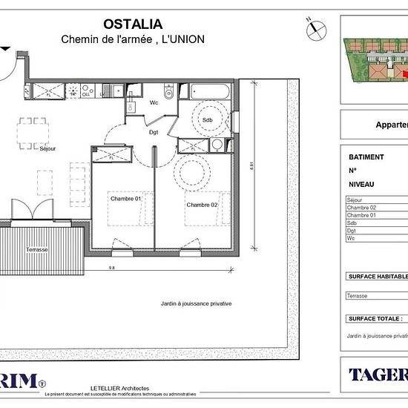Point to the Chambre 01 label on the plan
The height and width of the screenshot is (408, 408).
(x=125, y=199)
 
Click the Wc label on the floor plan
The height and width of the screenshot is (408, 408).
(x=155, y=103)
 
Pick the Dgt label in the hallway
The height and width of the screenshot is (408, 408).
(x=154, y=134)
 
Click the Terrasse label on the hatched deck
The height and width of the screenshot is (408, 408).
(x=36, y=250)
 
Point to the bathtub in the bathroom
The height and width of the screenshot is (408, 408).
(x=211, y=93)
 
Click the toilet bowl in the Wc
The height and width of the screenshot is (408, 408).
(x=169, y=93)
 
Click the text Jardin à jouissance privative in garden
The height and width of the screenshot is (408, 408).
(x=197, y=303)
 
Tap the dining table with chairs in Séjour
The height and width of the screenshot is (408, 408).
(x=33, y=131)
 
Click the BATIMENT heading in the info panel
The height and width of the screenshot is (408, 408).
(x=366, y=157)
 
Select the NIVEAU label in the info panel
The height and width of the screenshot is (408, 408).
(x=361, y=184)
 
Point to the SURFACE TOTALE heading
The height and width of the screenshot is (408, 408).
(x=375, y=318)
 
